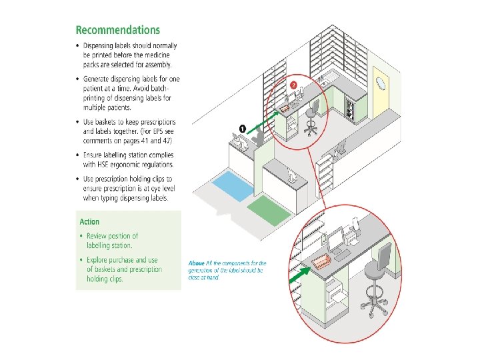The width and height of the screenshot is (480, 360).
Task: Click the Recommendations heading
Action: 118,30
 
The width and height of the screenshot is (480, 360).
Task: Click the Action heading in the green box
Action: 89,221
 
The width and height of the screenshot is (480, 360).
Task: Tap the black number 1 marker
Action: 243,127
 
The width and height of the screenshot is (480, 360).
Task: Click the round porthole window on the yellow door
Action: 380,83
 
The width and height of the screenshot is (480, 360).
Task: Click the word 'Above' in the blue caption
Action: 196,263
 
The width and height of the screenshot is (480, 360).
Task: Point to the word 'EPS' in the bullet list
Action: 159,131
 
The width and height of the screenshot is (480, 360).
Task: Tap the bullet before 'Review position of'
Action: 81,236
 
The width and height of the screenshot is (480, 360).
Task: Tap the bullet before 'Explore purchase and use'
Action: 81,260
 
